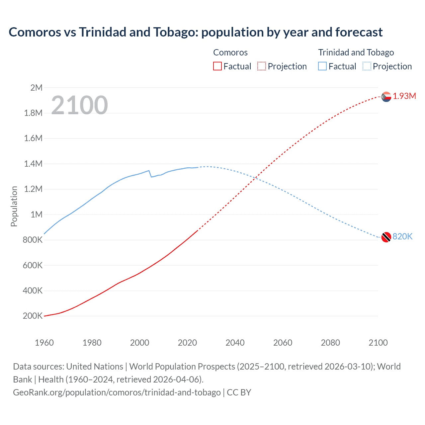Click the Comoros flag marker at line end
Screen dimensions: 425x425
386,97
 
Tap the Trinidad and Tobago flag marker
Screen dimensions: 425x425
386,237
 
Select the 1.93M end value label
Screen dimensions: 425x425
404,96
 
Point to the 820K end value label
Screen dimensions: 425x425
402,236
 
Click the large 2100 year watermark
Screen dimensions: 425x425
79,105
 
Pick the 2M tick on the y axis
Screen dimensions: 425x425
36,88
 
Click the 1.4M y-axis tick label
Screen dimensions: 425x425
33,164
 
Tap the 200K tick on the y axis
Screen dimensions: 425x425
33,316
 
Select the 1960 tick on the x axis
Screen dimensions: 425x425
44,343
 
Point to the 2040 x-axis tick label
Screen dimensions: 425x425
235,343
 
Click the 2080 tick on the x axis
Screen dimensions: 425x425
330,343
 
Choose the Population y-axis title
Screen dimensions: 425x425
14,206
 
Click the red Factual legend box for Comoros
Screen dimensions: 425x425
217,66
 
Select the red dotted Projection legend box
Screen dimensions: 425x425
262,66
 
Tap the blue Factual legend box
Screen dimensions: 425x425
322,66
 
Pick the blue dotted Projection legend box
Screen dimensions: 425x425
367,66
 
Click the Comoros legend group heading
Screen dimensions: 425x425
230,52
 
